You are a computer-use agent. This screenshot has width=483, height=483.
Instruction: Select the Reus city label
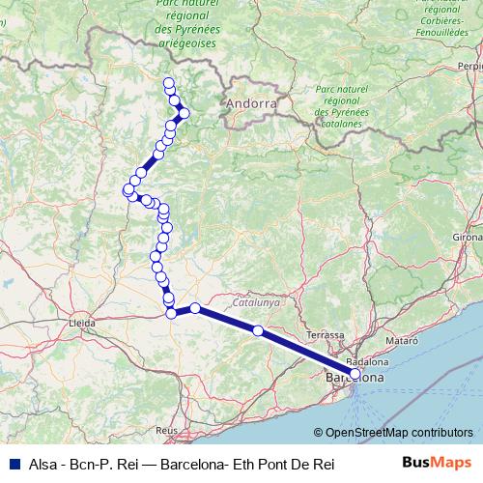click(168, 428)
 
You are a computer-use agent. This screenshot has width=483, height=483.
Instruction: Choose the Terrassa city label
click(325, 334)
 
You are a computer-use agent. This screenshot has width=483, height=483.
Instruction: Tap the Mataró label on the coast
click(402, 341)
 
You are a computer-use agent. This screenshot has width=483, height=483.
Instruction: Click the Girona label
click(467, 237)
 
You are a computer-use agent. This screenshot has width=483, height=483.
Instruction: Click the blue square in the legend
click(13, 465)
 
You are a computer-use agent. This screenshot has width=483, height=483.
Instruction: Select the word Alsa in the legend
click(44, 465)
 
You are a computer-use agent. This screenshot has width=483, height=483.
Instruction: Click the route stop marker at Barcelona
click(355, 373)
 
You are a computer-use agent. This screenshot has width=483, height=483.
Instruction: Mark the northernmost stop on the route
click(169, 82)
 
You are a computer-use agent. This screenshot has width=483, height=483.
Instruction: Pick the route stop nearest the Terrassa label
click(257, 330)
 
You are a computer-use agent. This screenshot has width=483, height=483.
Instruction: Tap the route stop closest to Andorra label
click(185, 113)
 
